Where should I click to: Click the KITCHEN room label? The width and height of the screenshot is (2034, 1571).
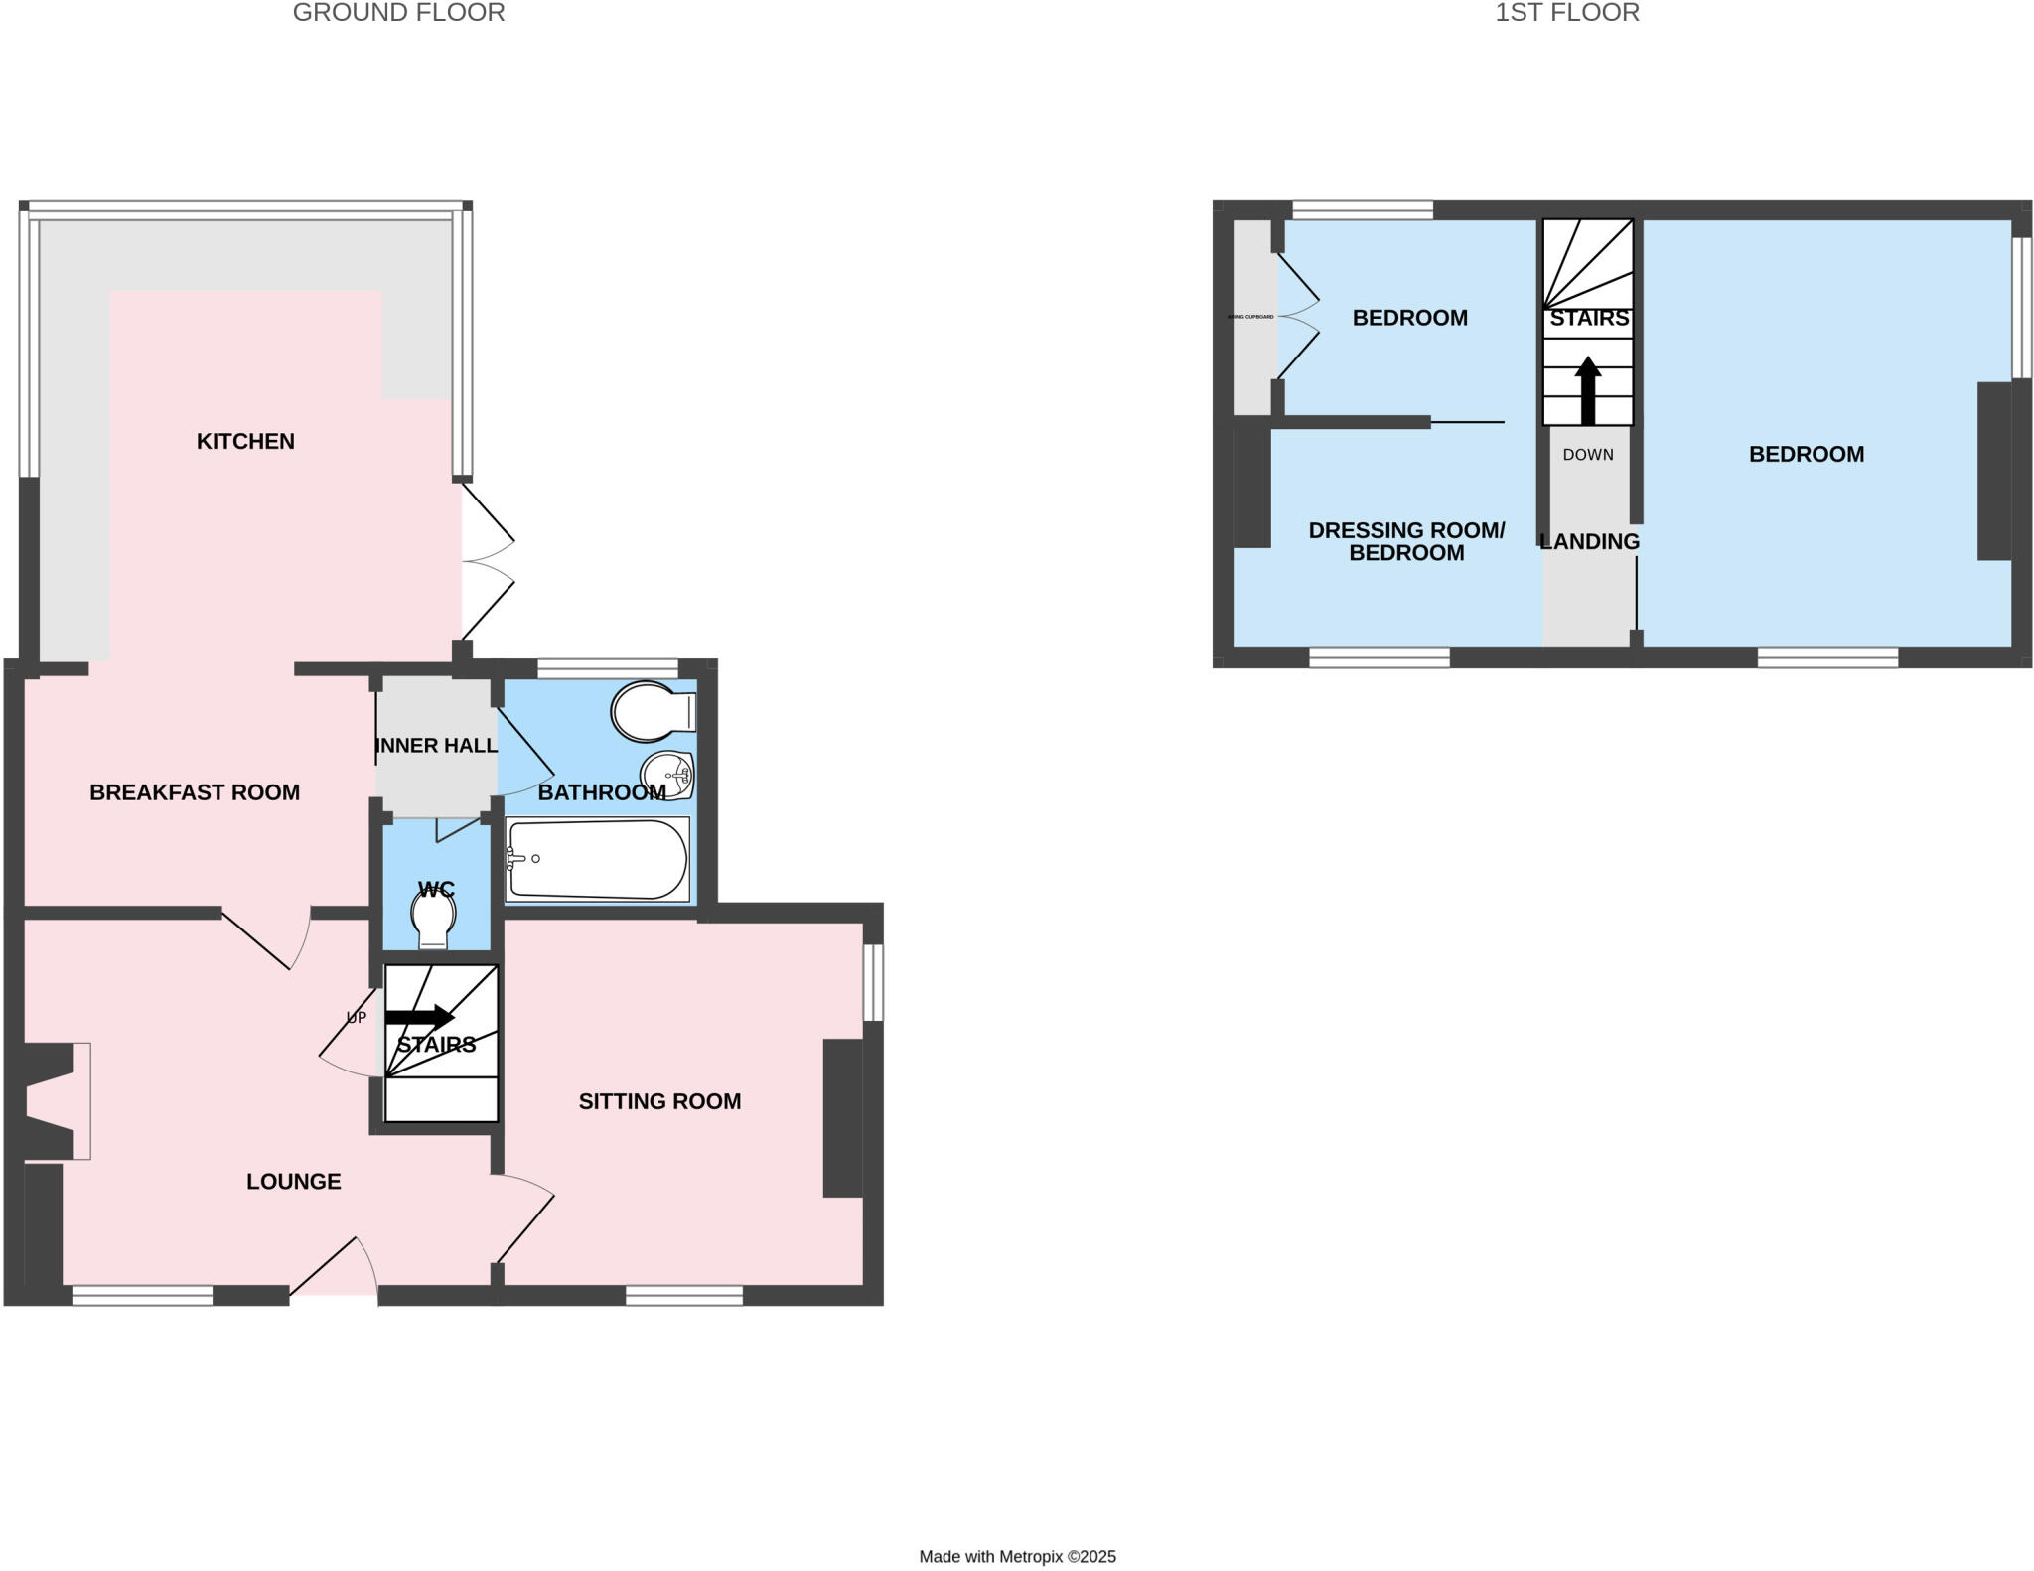pos(245,441)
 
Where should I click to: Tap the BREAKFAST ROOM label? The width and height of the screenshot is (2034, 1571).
pos(195,792)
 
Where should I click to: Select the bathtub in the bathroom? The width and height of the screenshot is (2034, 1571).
pos(596,859)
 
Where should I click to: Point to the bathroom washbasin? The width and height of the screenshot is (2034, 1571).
pos(667,774)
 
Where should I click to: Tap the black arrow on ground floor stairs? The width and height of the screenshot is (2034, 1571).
pos(419,1017)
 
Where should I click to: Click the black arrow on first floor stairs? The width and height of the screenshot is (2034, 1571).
pos(1588,390)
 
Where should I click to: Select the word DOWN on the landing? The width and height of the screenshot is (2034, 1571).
pos(1588,455)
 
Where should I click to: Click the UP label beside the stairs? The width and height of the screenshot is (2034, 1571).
pos(356,1018)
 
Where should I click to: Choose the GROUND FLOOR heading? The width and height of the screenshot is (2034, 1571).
pos(398,13)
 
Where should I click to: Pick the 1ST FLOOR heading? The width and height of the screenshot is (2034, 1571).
pos(1567,13)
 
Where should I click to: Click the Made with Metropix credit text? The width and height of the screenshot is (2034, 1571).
pos(1017,1556)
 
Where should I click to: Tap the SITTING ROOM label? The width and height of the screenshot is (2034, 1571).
pos(659,1101)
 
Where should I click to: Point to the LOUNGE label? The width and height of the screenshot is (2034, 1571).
pos(294,1181)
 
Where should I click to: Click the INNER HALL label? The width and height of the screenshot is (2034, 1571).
pos(436,745)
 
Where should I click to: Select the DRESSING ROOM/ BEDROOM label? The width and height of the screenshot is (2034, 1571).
pos(1406,541)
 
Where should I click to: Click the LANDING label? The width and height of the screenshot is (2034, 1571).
pos(1589,541)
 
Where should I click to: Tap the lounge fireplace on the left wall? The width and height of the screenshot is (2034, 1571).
pos(55,1100)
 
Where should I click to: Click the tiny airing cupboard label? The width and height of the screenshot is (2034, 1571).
pos(1251,317)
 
